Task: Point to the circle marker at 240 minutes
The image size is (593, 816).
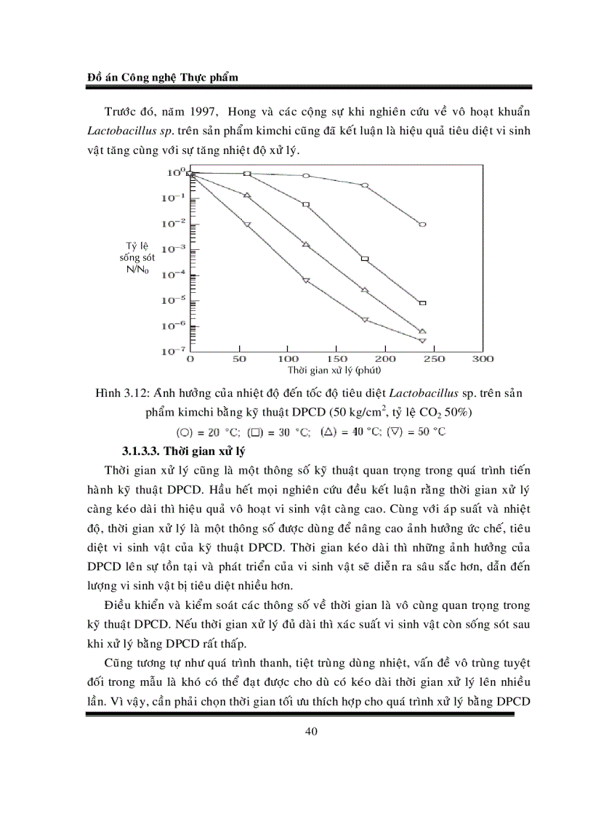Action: tap(422, 225)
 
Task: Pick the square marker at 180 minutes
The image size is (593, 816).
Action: tap(365, 259)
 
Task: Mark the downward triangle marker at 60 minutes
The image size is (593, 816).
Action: tap(247, 225)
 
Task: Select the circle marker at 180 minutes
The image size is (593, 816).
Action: tap(365, 185)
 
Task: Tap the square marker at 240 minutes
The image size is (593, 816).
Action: tap(422, 302)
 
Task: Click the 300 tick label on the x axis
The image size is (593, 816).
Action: tap(483, 359)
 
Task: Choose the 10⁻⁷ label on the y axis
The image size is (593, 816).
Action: tap(175, 351)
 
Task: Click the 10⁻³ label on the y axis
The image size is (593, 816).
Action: tap(175, 249)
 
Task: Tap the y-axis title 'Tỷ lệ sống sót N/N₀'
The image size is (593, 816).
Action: tap(137, 258)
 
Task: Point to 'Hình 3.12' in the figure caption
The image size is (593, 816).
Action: tap(119, 395)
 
